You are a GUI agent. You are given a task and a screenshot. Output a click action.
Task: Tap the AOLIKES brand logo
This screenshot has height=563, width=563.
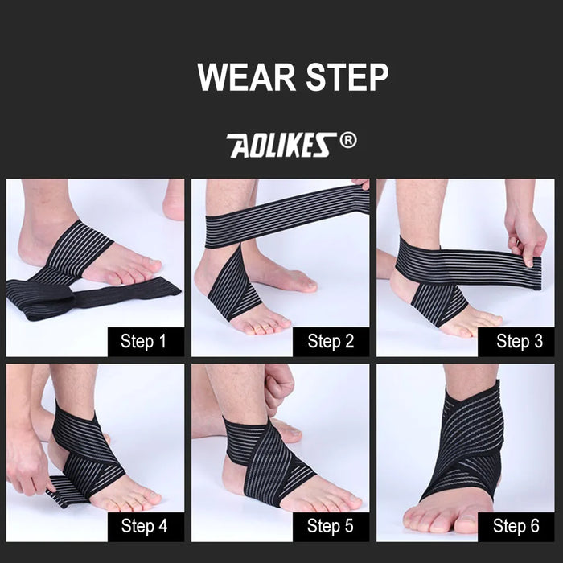click(x=279, y=145)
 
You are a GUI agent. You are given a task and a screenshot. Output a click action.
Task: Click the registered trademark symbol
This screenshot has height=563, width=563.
click(x=347, y=141)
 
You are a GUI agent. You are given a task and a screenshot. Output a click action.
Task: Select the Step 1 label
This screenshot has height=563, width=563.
click(x=143, y=341)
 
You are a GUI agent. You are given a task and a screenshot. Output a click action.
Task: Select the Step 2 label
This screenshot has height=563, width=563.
click(x=330, y=341)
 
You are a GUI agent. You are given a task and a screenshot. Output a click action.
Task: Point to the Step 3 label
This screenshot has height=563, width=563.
click(x=514, y=341)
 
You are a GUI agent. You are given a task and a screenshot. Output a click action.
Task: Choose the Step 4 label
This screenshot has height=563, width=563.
click(x=143, y=527)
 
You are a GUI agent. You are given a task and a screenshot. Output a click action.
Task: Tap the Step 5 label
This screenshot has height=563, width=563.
click(x=330, y=527)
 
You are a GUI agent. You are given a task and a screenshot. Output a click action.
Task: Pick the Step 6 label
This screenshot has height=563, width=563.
click(x=514, y=527)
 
